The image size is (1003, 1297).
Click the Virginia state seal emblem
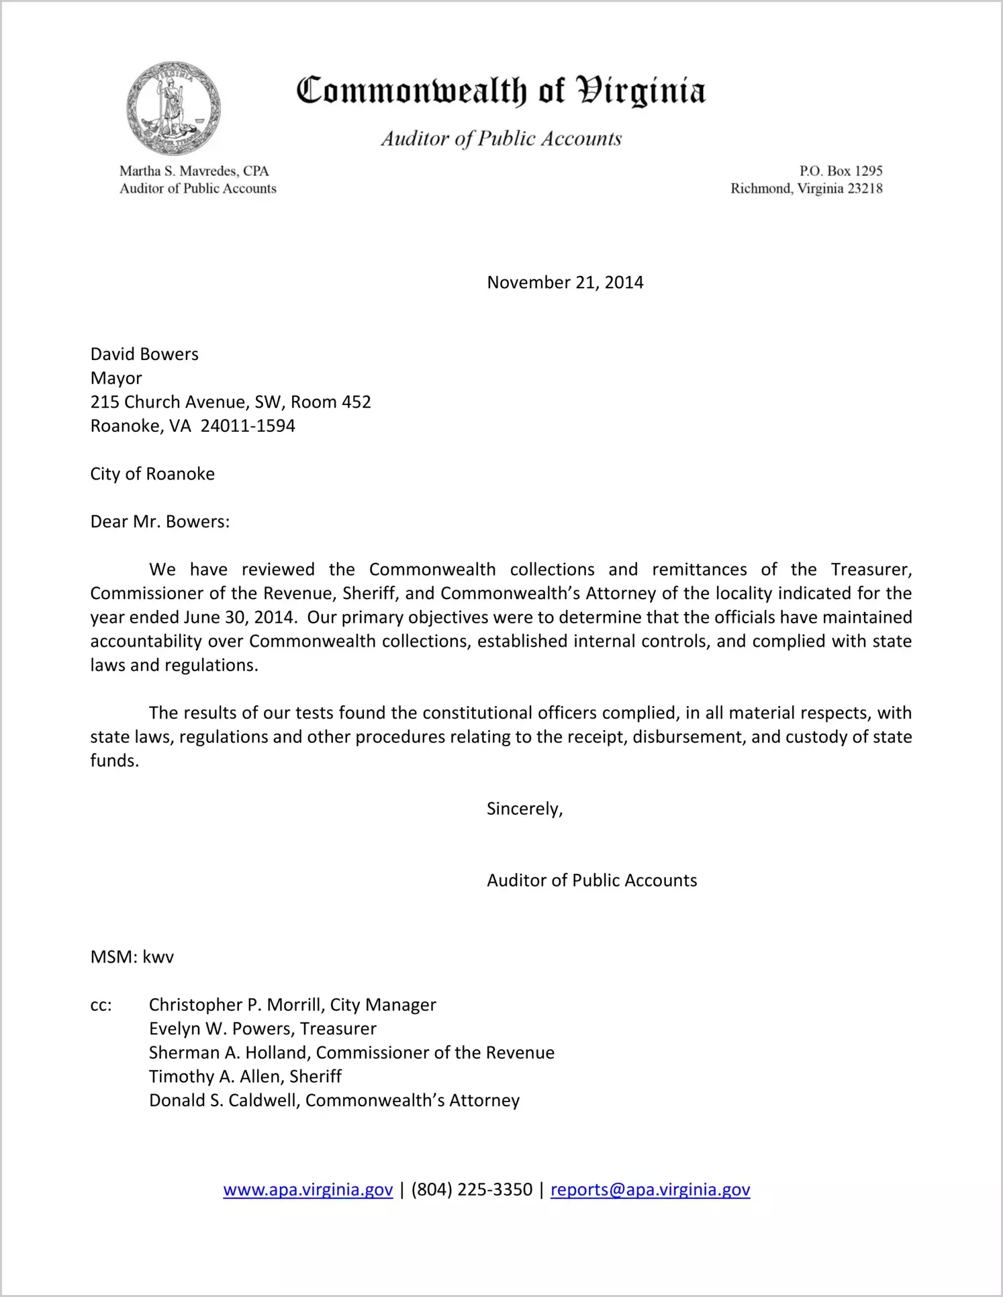173,108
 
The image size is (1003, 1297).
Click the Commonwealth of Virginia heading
501,91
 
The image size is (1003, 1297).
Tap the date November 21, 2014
565,282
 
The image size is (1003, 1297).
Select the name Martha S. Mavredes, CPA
194,171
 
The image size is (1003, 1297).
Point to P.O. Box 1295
841,171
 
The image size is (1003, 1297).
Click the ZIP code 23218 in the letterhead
865,189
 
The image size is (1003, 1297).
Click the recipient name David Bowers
144,354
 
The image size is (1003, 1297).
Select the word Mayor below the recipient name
116,378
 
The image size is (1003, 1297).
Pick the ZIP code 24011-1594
248,426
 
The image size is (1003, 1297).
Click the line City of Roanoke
152,474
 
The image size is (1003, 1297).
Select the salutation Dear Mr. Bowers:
160,522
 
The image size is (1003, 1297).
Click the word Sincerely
524,809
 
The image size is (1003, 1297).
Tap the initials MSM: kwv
132,956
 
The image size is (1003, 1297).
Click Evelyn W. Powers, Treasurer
262,1029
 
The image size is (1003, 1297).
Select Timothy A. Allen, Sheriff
245,1077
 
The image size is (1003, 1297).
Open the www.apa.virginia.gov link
307,1190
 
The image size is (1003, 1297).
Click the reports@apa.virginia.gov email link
650,1190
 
